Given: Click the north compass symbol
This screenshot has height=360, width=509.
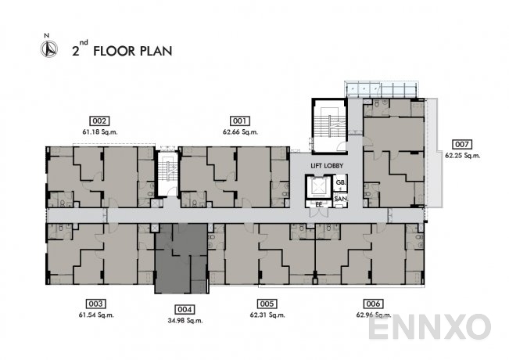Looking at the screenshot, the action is (x=49, y=49).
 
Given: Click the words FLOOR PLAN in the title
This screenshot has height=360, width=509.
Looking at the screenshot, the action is (x=133, y=51).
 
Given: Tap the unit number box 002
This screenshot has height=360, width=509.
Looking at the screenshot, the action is (x=99, y=121).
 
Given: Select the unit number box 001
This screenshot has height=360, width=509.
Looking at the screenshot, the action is (x=240, y=121).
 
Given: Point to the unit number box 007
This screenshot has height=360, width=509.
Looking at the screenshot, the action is (x=462, y=144).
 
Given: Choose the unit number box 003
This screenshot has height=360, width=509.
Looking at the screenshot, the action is (x=95, y=304).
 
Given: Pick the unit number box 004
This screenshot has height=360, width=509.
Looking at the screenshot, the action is (x=185, y=309).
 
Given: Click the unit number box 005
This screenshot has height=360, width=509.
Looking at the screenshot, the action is (x=267, y=304).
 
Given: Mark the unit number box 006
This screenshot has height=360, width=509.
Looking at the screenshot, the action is (x=373, y=304).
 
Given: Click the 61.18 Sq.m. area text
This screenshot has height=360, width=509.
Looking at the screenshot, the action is (x=100, y=132).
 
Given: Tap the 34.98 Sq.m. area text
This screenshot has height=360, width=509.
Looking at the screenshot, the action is (x=185, y=321).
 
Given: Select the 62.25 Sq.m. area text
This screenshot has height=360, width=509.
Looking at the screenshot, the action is (x=463, y=156).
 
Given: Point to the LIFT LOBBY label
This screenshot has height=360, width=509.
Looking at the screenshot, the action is (x=327, y=166).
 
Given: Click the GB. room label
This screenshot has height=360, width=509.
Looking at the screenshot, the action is (x=341, y=182).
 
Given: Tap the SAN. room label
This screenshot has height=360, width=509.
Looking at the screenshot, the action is (x=341, y=199).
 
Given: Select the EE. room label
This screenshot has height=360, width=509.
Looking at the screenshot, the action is (x=319, y=205).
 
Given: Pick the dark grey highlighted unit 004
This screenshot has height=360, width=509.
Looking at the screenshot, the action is (x=181, y=258).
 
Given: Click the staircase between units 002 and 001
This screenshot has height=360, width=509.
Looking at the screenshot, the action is (x=168, y=173).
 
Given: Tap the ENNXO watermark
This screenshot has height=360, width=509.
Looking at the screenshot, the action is (x=429, y=326).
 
